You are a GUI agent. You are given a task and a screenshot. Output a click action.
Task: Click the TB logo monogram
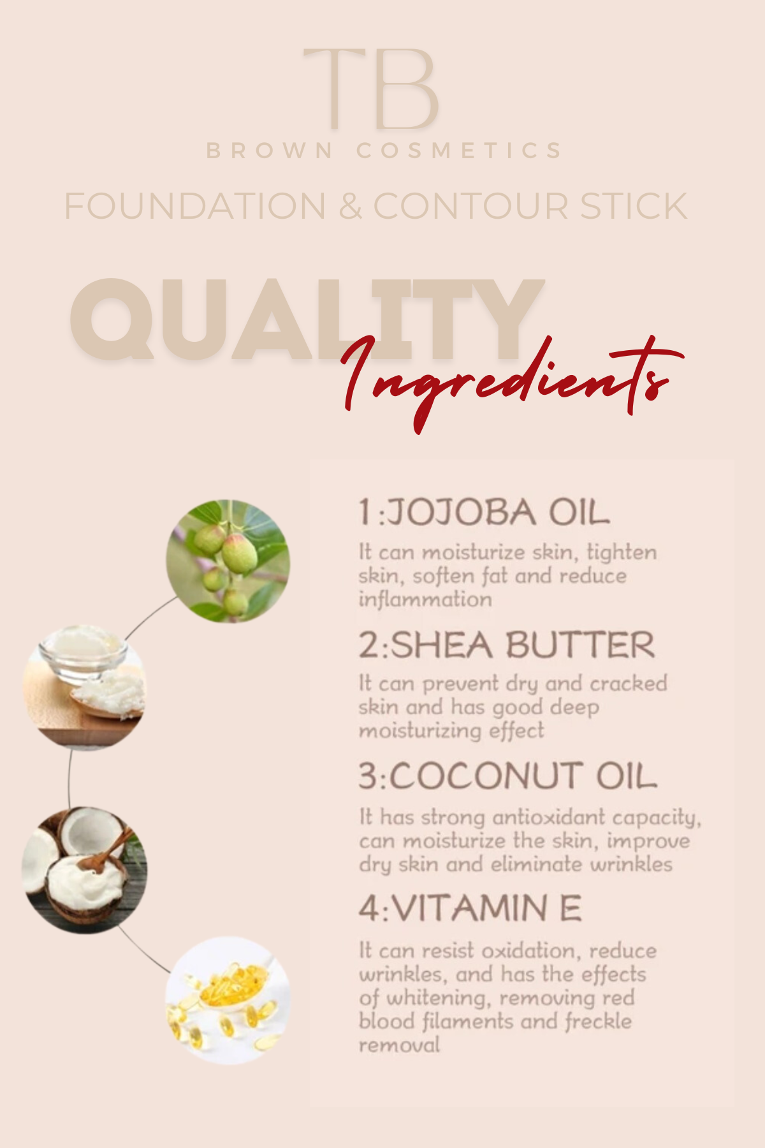tap(371, 89)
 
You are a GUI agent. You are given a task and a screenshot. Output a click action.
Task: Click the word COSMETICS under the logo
tap(459, 151)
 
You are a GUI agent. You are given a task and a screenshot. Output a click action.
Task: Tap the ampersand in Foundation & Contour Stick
tap(350, 206)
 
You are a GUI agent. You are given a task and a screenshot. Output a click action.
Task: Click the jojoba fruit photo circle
tap(228, 561)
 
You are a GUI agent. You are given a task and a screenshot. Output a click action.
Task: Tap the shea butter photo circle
tap(84, 688)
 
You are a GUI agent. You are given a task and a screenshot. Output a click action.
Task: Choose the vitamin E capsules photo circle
tap(228, 1000)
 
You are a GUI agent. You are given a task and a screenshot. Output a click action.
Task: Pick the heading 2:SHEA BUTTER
tap(507, 645)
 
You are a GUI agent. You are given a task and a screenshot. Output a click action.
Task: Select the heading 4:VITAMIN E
tap(470, 908)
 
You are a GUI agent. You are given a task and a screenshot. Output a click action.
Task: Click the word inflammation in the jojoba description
tap(425, 600)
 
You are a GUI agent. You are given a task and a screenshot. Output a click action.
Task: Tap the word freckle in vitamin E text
tap(598, 1021)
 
